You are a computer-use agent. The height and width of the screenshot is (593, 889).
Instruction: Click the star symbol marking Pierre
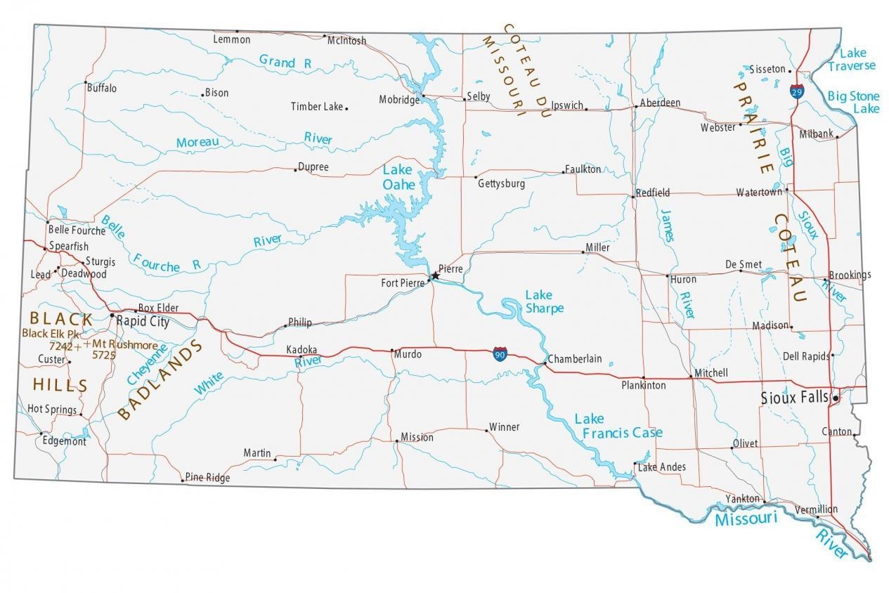click(x=434, y=276)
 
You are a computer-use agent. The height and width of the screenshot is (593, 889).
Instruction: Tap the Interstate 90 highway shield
click(x=500, y=353)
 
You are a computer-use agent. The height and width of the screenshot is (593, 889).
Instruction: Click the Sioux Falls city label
click(x=794, y=398)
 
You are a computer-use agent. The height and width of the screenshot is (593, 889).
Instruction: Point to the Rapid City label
click(x=143, y=322)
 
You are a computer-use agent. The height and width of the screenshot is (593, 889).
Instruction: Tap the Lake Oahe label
click(x=398, y=177)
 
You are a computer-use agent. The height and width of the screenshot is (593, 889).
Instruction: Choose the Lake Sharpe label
click(x=544, y=301)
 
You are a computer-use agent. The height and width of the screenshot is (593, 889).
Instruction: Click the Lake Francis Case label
click(x=618, y=426)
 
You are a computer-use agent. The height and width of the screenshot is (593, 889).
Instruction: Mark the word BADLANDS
click(x=160, y=379)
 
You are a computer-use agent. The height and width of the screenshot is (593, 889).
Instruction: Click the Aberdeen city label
click(x=659, y=103)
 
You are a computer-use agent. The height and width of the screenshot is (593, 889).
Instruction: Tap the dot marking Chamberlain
click(x=545, y=363)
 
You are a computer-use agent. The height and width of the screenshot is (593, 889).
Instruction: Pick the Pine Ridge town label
click(x=208, y=478)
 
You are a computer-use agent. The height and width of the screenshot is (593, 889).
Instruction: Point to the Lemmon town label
click(x=231, y=39)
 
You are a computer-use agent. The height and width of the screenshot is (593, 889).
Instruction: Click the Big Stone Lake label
click(x=853, y=102)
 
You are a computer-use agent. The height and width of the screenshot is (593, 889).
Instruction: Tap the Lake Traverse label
click(x=852, y=59)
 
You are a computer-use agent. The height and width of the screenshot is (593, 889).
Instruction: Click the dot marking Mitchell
click(x=691, y=377)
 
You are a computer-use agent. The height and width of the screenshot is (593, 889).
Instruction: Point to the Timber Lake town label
click(x=317, y=107)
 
